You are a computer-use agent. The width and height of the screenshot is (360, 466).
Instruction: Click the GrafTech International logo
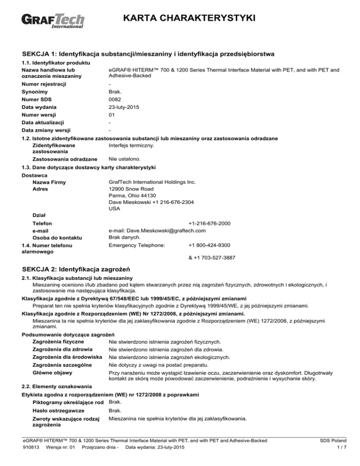click(x=53, y=22)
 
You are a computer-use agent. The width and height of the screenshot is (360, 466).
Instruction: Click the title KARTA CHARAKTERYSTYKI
click(x=187, y=18)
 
